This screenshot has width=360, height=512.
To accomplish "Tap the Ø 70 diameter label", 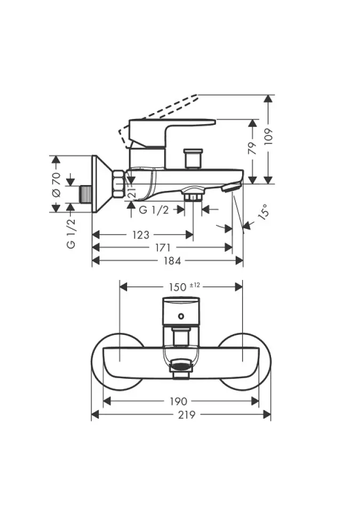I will (56, 185).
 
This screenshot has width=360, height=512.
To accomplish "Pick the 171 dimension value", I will (163, 247).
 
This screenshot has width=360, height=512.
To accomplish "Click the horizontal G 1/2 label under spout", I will (154, 210).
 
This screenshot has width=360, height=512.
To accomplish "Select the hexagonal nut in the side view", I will (118, 183).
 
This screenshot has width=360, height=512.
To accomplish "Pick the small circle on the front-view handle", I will (181, 316).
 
